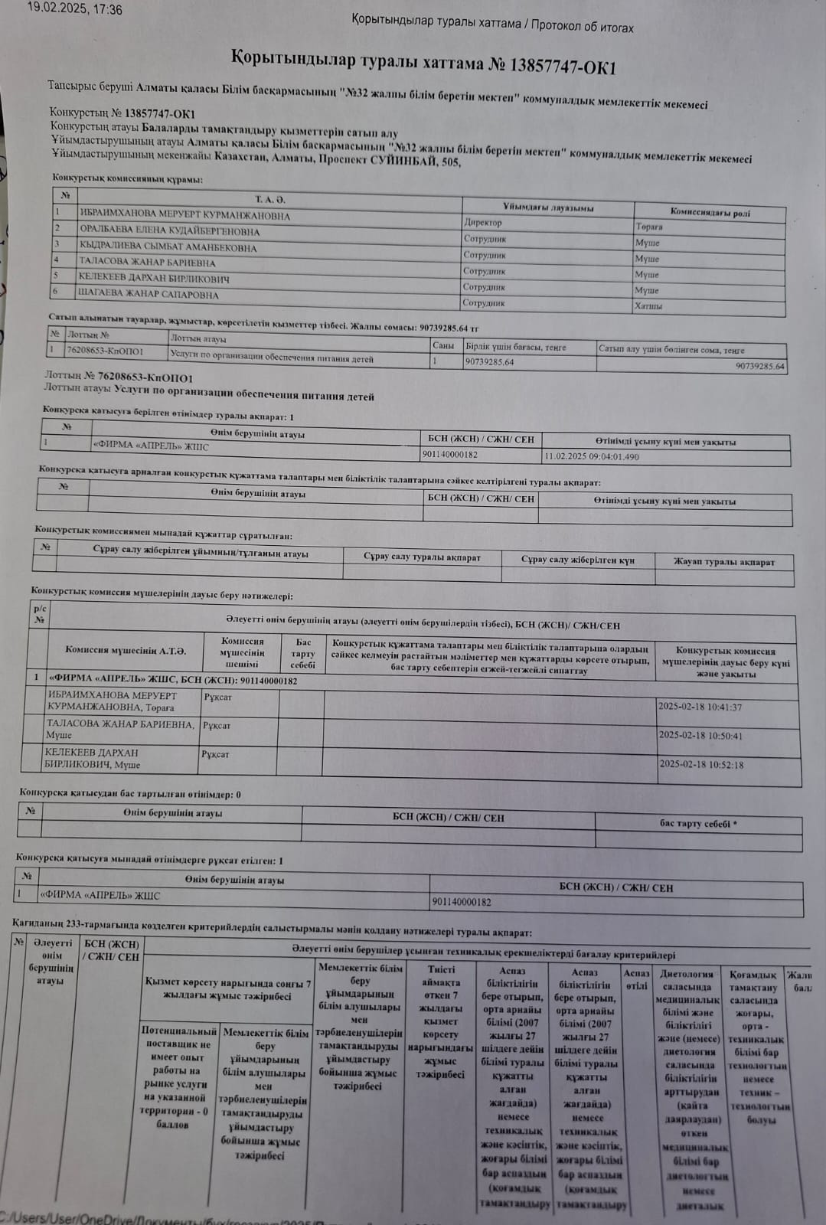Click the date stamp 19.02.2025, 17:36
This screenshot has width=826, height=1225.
pos(74,10)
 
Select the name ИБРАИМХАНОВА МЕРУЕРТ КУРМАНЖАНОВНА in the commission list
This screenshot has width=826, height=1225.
pos(184,216)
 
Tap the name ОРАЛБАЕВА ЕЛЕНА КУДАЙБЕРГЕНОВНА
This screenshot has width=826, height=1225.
pos(169,231)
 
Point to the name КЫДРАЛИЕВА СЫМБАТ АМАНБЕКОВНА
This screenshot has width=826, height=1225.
pos(168,247)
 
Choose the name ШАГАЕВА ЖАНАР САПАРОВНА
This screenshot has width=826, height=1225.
pos(149,294)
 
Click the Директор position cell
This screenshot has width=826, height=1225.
pos(483,222)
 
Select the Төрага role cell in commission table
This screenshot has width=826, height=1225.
pos(648,227)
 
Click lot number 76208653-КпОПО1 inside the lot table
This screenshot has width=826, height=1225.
pos(105,351)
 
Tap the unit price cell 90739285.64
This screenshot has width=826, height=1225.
pos(489,361)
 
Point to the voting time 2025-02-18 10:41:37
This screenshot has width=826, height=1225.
pos(700,707)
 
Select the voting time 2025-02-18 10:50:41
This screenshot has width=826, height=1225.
pos(700,736)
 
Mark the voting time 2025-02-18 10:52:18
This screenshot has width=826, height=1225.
pos(700,764)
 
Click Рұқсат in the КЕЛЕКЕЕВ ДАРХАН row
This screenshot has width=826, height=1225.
pos(215,754)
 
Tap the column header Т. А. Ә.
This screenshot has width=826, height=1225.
pos(269,199)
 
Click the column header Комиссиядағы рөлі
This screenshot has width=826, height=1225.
pos(710,212)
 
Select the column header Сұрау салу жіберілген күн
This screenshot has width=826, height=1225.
pos(577,560)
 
